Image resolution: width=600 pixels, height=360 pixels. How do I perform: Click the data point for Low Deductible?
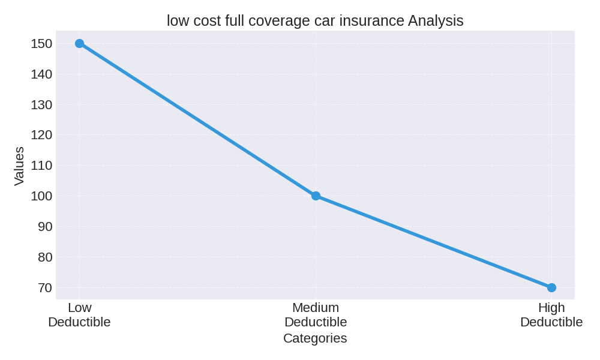79,44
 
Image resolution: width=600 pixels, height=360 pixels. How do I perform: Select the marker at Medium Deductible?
316,196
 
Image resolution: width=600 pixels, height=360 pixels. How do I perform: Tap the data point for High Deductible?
551,288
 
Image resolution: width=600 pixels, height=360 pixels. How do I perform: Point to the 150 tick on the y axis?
41,44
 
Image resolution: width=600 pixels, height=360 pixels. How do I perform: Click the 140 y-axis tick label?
41,74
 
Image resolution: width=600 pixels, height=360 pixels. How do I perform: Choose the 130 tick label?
41,105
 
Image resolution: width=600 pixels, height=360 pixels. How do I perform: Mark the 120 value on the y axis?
41,135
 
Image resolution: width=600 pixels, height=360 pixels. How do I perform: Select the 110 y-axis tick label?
41,166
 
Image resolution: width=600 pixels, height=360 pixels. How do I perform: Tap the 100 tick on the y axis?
41,196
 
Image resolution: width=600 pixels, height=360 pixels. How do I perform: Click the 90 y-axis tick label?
45,227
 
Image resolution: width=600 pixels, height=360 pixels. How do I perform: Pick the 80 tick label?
45,257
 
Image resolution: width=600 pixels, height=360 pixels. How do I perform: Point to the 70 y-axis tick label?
45,288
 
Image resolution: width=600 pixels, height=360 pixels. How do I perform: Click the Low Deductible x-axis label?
79,315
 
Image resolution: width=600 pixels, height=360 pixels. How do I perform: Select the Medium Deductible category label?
316,315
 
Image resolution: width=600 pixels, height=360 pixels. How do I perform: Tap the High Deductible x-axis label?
551,315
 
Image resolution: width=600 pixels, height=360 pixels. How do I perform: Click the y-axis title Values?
19,166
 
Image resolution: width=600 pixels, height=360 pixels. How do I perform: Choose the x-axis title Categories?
315,338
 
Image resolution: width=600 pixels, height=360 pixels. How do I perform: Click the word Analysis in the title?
436,21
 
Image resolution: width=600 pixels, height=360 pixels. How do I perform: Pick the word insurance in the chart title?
371,21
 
